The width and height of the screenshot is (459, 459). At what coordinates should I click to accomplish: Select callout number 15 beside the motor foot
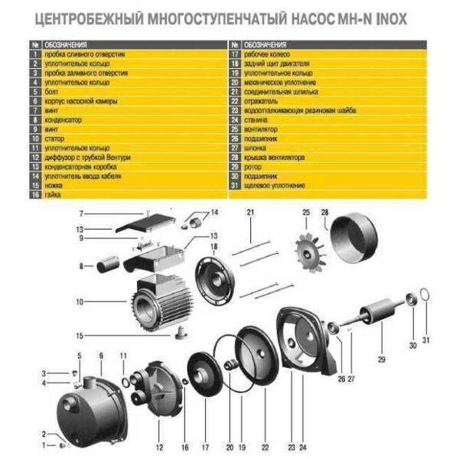click(80, 335)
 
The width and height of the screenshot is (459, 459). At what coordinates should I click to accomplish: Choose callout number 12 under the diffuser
click(159, 446)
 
